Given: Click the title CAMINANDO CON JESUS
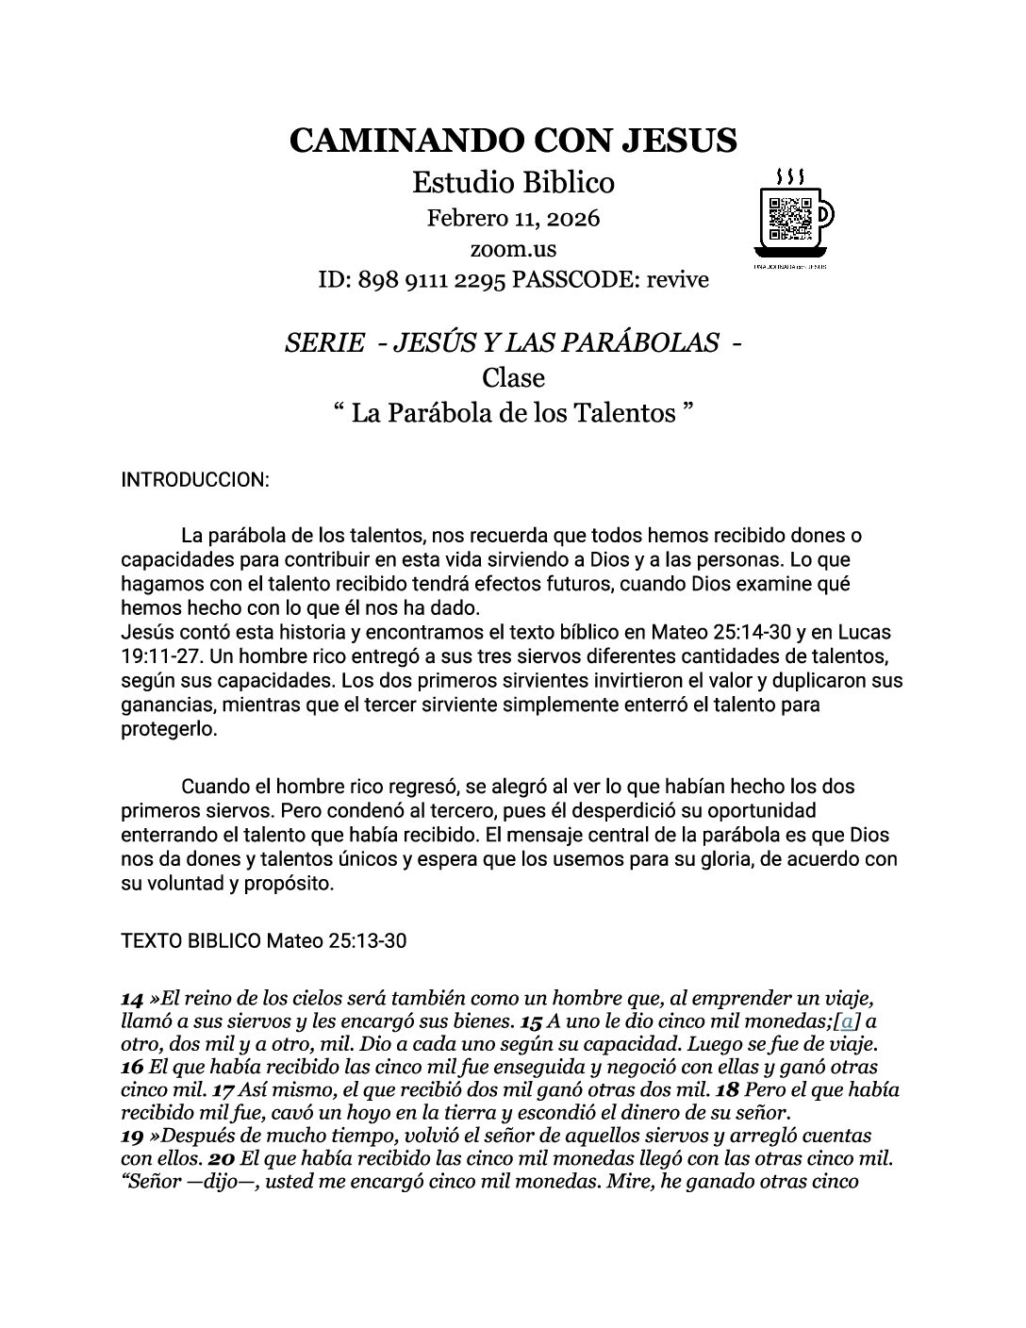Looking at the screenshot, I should tap(512, 141).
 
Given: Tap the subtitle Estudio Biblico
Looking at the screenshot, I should tap(512, 181).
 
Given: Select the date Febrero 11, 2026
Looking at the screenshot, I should tap(513, 219).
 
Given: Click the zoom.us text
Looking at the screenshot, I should tap(513, 249).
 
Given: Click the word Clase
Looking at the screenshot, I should tap(513, 377).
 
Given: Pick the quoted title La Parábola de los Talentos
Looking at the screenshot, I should tap(514, 413).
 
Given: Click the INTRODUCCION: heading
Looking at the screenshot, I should tap(195, 480).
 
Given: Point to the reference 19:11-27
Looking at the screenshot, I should tap(159, 656).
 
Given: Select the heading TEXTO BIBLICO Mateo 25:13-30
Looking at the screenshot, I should tap(264, 940).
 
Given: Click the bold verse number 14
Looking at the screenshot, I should tap(133, 997).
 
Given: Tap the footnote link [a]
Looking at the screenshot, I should tap(848, 1021).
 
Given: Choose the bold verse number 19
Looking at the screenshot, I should tap(133, 1135).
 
